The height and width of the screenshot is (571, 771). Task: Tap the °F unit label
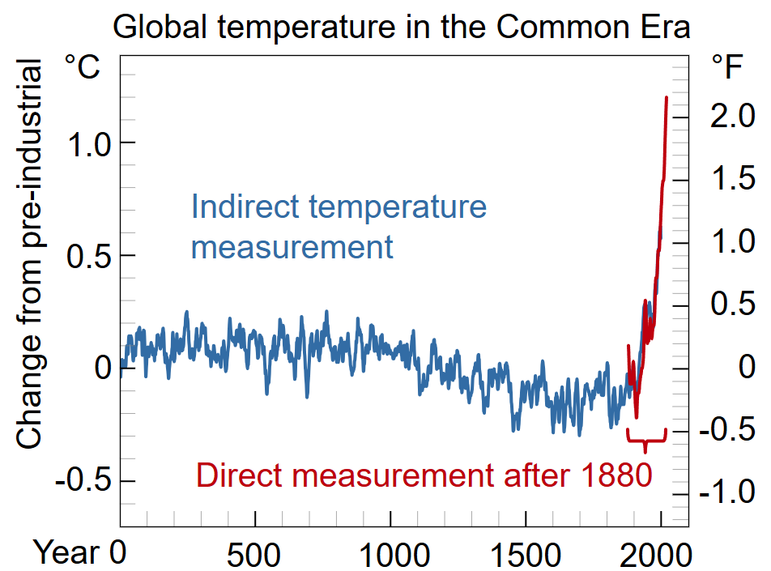tap(726, 67)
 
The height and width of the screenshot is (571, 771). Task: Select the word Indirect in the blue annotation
tap(242, 207)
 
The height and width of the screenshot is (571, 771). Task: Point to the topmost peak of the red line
tap(667, 97)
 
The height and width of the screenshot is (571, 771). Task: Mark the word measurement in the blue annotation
tap(292, 247)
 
